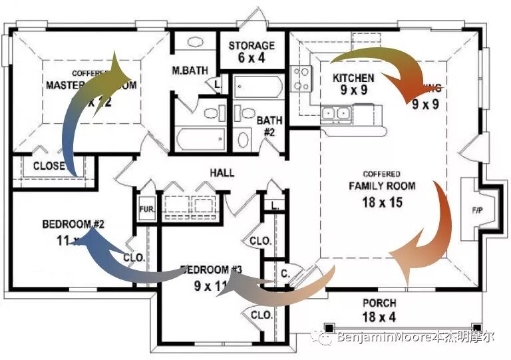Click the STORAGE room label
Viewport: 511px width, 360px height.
click(x=252, y=45)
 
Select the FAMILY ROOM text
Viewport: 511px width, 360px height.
click(x=382, y=186)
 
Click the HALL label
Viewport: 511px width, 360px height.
click(x=222, y=173)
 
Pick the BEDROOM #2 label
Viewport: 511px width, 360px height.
click(x=73, y=224)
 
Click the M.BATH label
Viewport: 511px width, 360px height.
click(x=190, y=71)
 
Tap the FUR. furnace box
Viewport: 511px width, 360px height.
click(x=146, y=209)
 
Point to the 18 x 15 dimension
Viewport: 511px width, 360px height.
click(x=382, y=202)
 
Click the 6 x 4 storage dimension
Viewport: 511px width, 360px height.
click(x=252, y=58)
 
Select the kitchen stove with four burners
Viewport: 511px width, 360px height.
click(x=301, y=78)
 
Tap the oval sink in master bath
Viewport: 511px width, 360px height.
click(x=194, y=41)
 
